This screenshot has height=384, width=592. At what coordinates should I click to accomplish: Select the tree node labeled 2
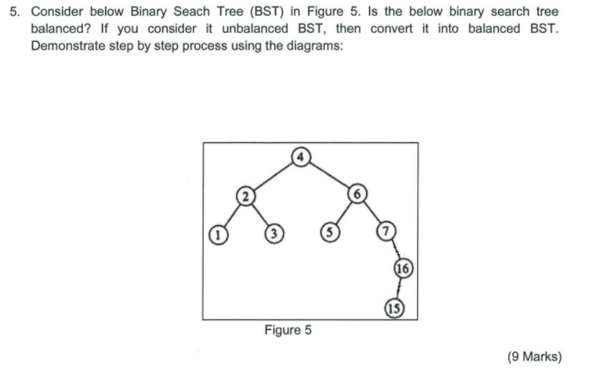pos(246,195)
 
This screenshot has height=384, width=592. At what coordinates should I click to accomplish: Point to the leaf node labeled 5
pos(328,234)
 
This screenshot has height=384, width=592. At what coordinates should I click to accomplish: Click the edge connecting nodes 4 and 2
pos(274,174)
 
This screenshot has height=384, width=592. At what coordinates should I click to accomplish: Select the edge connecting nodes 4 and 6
pos(328,174)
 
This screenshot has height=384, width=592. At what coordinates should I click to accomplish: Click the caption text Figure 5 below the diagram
pos(288,331)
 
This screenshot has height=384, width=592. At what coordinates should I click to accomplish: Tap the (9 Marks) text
pos(534,356)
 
